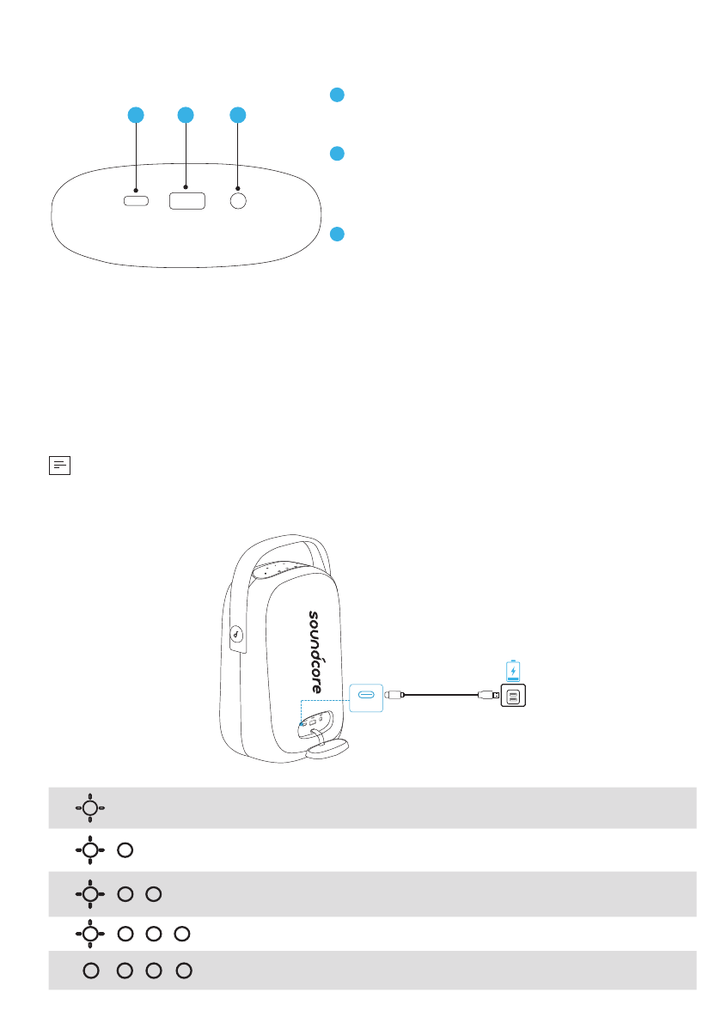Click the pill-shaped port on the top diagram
click(136, 201)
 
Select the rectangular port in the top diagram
click(186, 200)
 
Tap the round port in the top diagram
click(238, 200)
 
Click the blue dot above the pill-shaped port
click(135, 114)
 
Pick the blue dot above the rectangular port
click(185, 114)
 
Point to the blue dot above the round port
click(238, 114)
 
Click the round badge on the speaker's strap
click(237, 636)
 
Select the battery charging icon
click(513, 670)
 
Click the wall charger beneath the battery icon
click(513, 697)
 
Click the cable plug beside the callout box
click(396, 695)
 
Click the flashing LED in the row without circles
click(89, 807)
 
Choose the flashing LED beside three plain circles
click(89, 932)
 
